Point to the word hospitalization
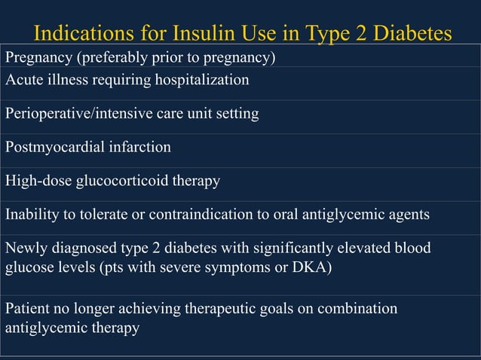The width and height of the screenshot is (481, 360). click(x=202, y=79)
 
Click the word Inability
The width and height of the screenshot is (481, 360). click(x=31, y=215)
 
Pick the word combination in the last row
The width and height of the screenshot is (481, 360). click(x=359, y=310)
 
